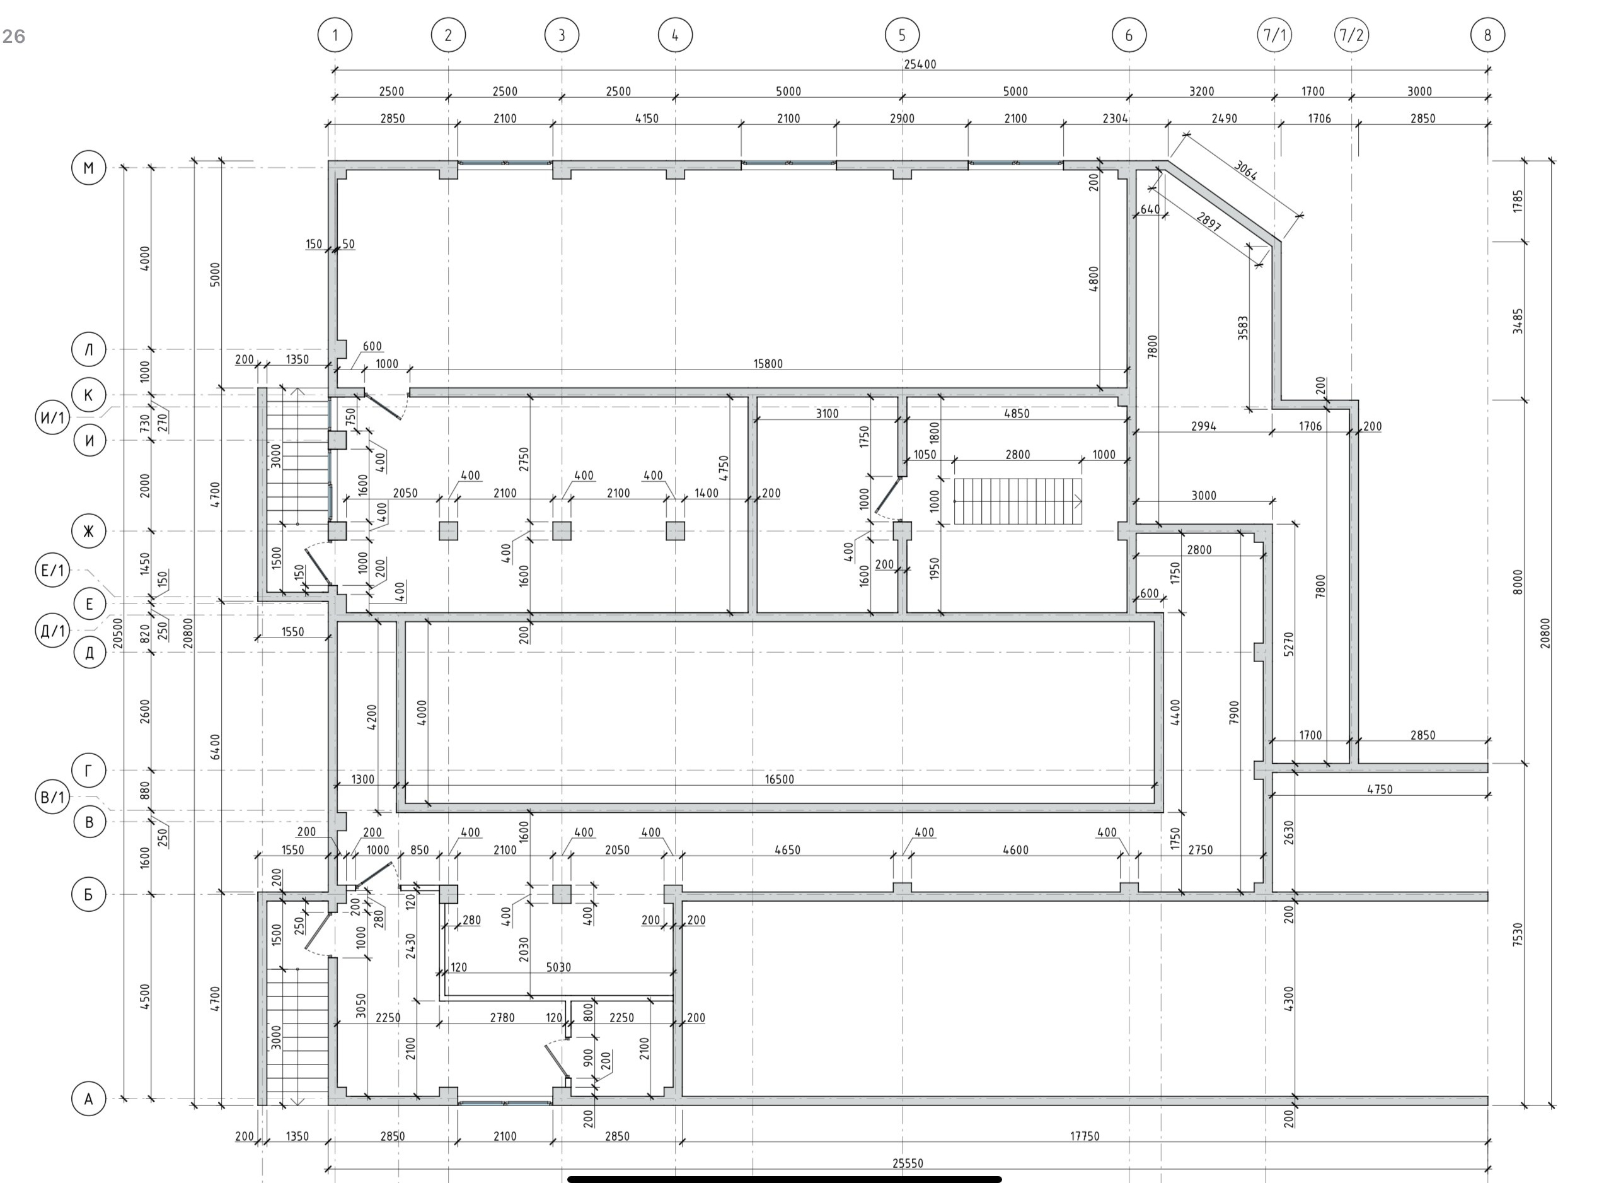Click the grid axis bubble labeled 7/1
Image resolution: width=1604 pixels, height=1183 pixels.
1274,35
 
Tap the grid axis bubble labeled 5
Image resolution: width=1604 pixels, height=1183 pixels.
902,35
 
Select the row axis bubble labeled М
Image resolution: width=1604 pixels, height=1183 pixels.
89,168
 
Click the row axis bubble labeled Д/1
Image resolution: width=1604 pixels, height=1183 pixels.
53,631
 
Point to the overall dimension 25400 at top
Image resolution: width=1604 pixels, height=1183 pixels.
920,64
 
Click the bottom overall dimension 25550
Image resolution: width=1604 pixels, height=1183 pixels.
908,1163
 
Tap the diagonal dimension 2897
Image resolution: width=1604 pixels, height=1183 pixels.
1209,222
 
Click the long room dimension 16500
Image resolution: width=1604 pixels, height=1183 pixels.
780,779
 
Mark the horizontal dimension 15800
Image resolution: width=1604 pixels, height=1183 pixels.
768,364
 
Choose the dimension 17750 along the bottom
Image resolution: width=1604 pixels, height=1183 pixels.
1085,1136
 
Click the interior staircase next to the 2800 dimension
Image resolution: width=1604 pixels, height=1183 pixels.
1017,501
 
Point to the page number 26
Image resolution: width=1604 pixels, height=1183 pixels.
14,37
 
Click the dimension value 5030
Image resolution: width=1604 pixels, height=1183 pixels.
558,967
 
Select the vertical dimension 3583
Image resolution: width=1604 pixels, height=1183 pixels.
1243,328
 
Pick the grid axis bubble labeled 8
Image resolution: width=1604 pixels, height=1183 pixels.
1487,35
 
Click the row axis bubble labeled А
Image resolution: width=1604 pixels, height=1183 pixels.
89,1098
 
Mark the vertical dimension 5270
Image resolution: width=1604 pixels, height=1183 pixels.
1289,644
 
